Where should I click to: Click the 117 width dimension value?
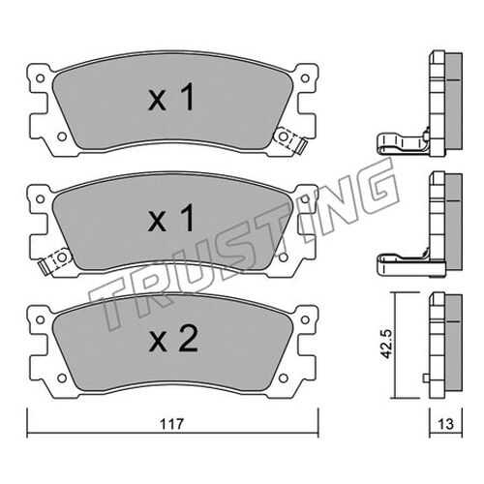click(x=171, y=423)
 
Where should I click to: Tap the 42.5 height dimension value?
click(x=386, y=344)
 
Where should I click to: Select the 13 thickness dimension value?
click(x=446, y=424)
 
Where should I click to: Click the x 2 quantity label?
click(x=173, y=339)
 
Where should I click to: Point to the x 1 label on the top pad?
click(x=171, y=97)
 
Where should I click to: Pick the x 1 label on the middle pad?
click(x=171, y=218)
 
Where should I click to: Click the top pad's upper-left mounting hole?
click(x=41, y=78)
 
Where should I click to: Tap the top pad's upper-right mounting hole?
click(x=305, y=78)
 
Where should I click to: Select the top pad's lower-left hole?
click(x=62, y=136)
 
